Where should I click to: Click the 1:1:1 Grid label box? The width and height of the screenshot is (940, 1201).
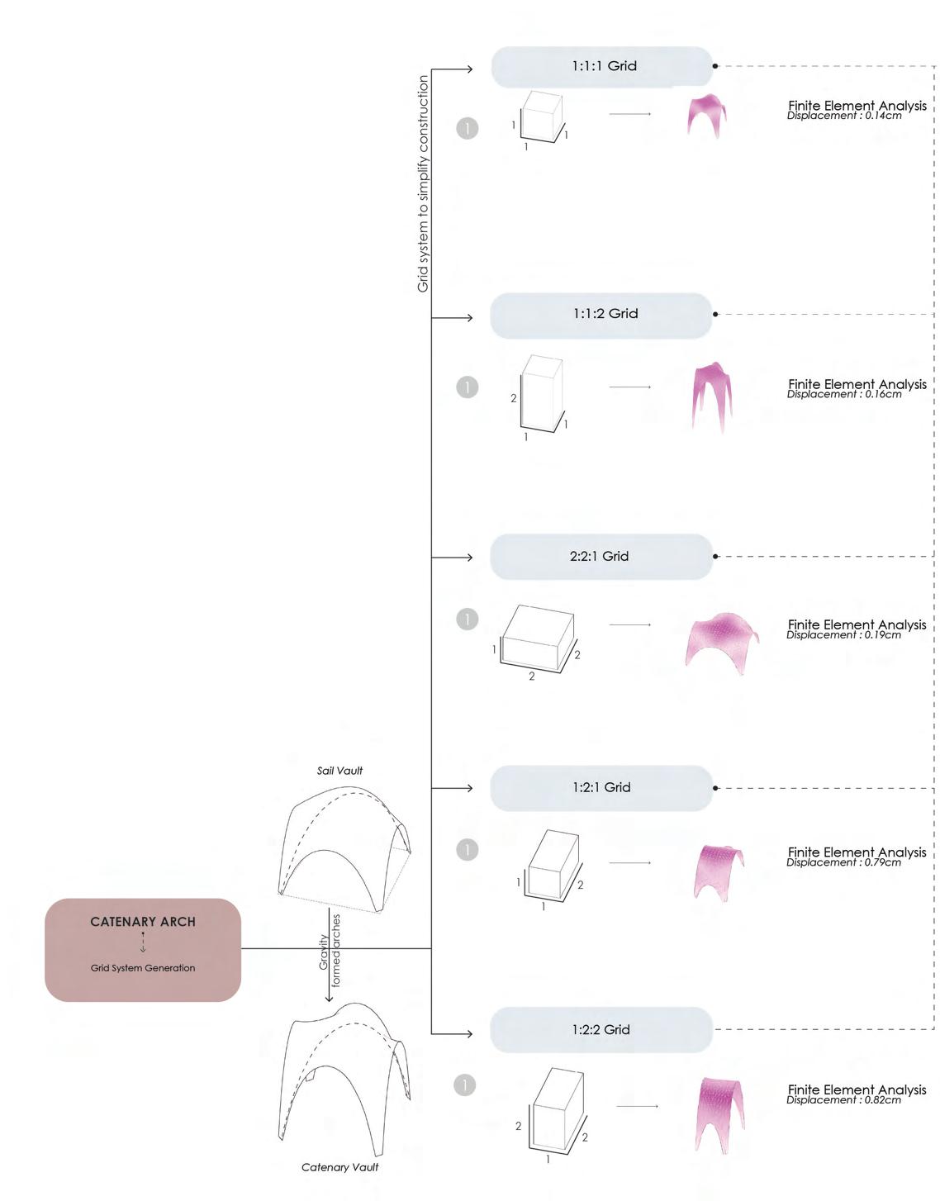(602, 66)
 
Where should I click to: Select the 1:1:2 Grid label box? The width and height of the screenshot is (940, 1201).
(601, 315)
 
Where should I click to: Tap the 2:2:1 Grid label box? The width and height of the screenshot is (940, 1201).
(601, 557)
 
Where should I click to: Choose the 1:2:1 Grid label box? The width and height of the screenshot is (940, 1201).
(601, 788)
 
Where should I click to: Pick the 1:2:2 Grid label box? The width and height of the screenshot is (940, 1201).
(601, 1030)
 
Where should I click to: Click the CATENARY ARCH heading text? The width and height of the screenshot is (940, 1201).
(143, 922)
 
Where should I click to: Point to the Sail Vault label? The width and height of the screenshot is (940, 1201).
(339, 771)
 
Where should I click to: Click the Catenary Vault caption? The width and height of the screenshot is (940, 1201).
(339, 1167)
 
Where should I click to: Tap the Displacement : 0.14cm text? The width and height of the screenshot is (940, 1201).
(843, 116)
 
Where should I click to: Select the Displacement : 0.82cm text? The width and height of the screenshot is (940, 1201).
(843, 1100)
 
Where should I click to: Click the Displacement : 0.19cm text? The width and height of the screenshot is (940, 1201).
(843, 635)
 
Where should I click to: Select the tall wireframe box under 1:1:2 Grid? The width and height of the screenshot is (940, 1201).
(543, 393)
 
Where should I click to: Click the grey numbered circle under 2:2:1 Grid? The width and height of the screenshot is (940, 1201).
(468, 619)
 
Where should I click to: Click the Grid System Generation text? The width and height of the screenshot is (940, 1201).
(143, 968)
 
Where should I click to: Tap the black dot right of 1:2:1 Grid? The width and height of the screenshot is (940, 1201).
(715, 788)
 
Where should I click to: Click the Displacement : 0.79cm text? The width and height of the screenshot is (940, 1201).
(843, 862)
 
